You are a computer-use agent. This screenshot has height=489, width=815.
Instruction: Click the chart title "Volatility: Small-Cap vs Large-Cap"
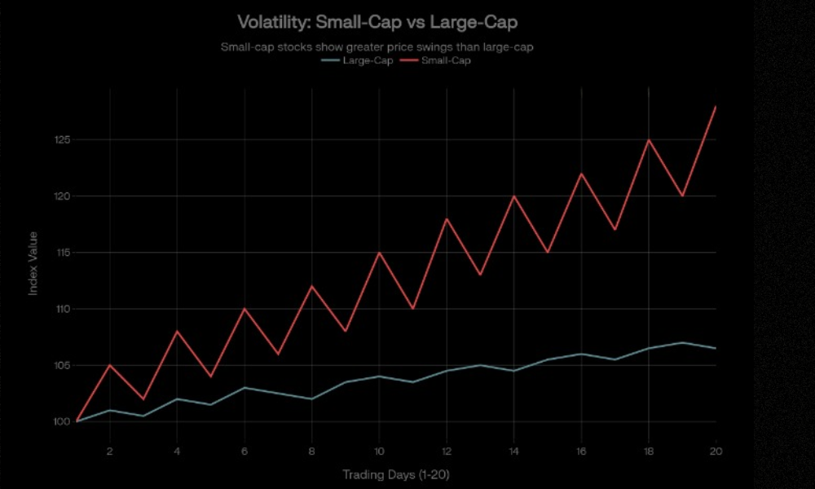coord(377,21)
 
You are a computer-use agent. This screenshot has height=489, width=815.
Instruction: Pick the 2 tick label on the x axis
coord(109,450)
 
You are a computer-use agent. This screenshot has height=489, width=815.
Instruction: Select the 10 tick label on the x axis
coord(379,450)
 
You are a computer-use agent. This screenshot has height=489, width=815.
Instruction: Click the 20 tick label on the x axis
coord(716,450)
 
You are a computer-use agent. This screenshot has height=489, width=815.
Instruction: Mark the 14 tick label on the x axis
coord(513,450)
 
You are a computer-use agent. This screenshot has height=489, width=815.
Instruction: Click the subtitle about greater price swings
coord(377,46)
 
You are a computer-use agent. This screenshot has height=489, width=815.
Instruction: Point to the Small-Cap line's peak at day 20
coord(716,107)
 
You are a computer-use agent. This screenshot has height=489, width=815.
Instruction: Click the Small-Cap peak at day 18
coord(649,140)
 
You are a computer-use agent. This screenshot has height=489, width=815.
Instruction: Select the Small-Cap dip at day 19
coord(682,196)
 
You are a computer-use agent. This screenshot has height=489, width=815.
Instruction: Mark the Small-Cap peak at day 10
coord(379,253)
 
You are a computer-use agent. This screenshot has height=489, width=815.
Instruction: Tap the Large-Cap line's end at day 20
coord(716,348)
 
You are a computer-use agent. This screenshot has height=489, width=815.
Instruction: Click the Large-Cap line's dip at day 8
coord(311,399)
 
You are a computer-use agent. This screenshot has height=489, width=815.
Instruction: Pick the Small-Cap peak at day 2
coord(109,365)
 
